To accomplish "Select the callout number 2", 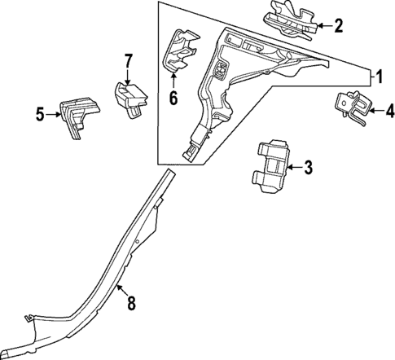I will [338, 25].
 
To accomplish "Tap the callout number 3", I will [308, 169].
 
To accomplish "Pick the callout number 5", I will [39, 114].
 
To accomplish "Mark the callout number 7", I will [128, 60].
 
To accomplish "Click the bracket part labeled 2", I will [290, 24].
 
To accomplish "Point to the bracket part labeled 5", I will [77, 115].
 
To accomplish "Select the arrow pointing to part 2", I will [323, 25].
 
